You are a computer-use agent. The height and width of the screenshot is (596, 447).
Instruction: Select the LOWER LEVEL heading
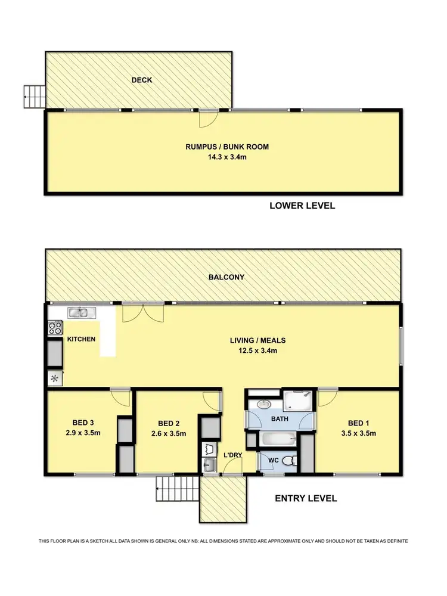tap(302, 206)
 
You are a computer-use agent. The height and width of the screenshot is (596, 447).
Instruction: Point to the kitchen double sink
tap(79, 312)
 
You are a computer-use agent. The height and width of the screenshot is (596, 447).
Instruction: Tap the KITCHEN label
tap(81, 339)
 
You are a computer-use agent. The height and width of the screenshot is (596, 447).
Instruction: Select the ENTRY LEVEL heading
tap(306, 498)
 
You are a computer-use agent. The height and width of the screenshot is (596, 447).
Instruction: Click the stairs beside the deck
tap(33, 97)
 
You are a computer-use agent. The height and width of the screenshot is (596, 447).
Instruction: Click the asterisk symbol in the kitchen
tap(54, 378)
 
